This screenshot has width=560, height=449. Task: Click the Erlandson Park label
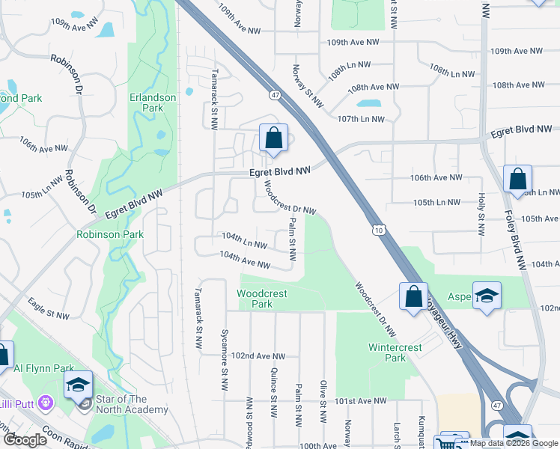[152, 103]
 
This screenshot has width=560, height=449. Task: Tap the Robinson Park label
[109, 234]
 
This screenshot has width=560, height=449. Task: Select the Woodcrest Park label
[262, 299]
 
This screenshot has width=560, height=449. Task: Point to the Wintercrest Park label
[395, 352]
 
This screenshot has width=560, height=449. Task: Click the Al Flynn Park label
[43, 368]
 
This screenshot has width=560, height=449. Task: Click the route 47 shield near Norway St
[276, 95]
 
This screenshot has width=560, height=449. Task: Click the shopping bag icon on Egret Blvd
[273, 138]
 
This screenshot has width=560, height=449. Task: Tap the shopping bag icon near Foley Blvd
[517, 180]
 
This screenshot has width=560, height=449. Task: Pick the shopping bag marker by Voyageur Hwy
[413, 296]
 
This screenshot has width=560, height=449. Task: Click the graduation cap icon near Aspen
[487, 296]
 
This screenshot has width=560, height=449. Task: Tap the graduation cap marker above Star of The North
[78, 385]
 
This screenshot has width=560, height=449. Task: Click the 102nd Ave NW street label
[258, 356]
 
